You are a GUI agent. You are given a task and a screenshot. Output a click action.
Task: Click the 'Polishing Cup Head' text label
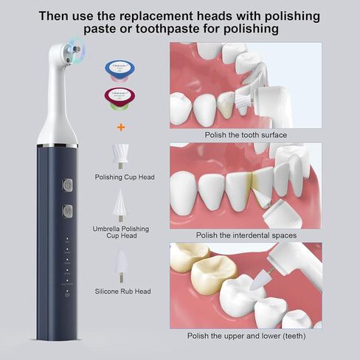125,177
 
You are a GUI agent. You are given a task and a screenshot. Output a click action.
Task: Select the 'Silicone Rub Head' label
124,291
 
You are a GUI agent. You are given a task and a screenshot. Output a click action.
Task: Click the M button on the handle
66,211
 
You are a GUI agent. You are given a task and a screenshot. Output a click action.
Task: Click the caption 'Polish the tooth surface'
246,134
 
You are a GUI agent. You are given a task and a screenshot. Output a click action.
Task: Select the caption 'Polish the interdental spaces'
246,235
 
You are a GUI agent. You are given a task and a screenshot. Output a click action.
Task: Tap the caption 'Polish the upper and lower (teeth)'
246,336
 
